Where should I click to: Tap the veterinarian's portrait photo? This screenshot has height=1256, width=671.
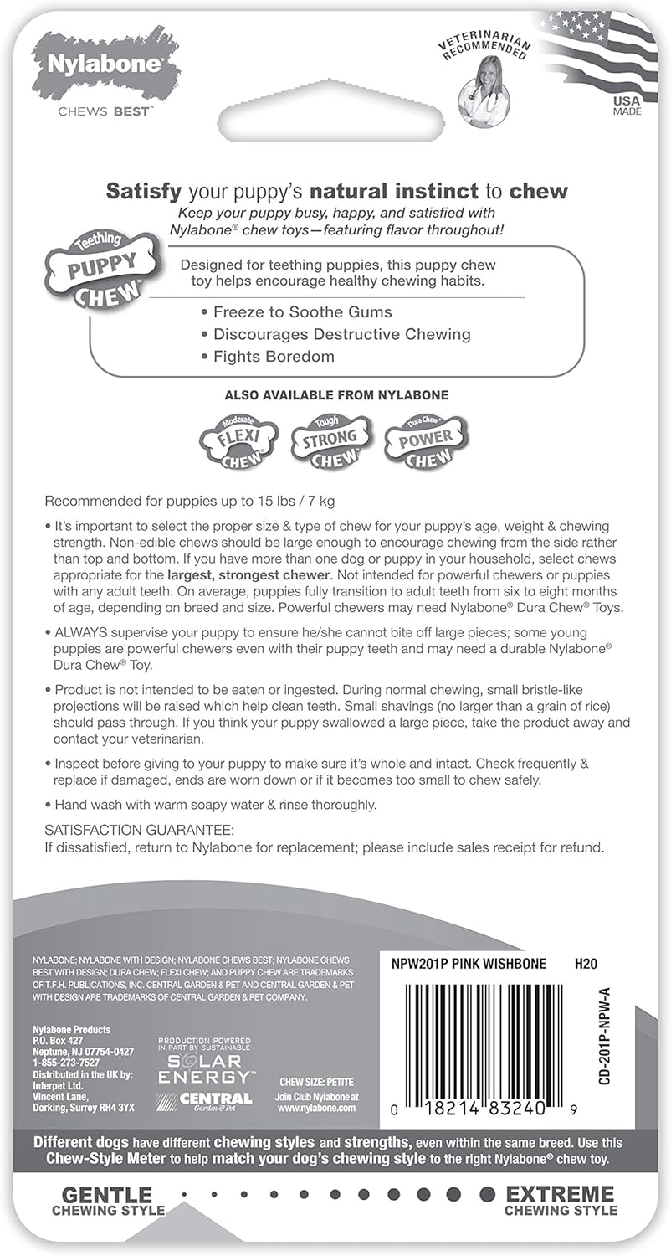[483, 94]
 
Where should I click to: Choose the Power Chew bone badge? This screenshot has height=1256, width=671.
[425, 439]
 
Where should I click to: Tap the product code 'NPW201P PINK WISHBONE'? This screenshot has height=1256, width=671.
[469, 964]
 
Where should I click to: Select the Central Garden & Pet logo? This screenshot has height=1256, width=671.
[205, 1099]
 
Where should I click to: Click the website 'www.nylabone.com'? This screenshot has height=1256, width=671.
[315, 1107]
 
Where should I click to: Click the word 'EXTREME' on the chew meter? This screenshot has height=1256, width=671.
[560, 1195]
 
